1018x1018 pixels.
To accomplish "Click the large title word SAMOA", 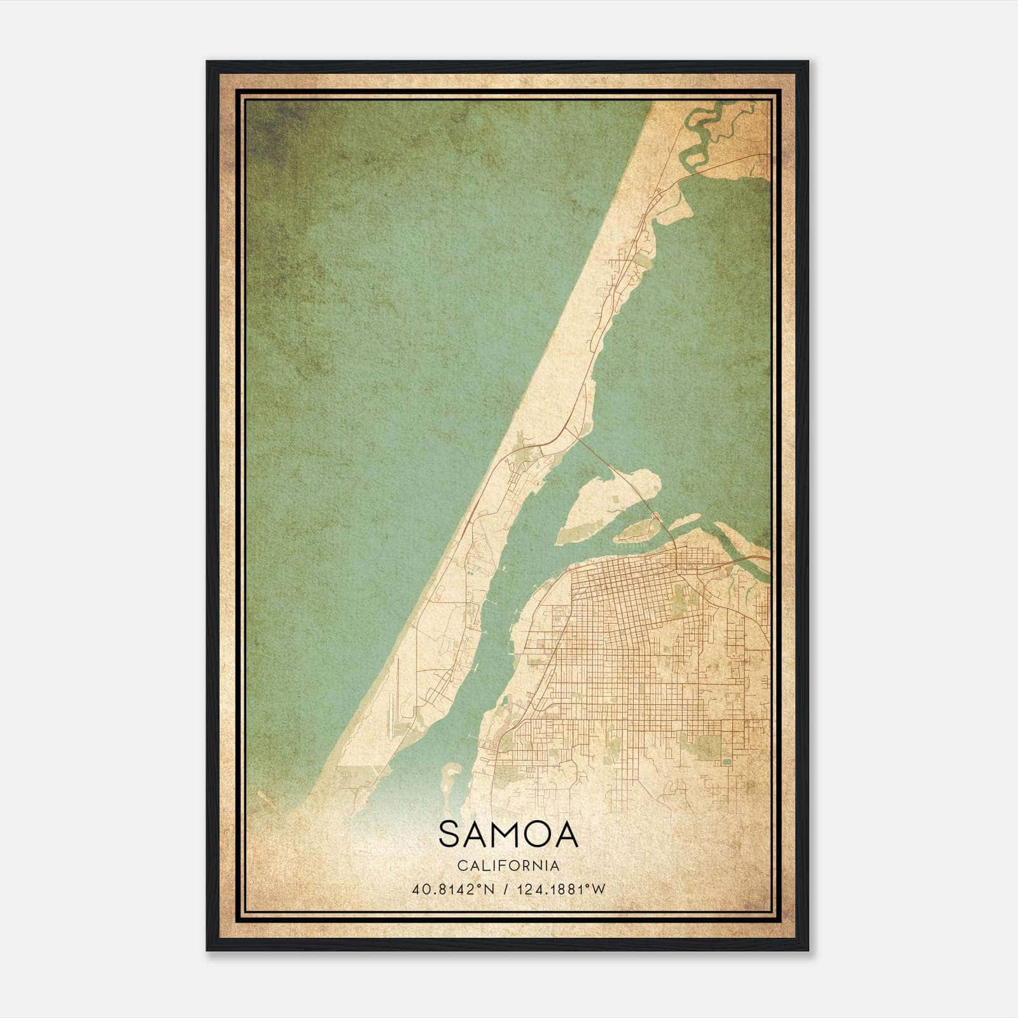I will [508, 834].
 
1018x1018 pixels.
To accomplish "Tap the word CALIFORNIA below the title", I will [508, 866].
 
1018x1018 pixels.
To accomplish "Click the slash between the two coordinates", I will [505, 889].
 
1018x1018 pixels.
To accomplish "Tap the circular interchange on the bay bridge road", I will [655, 515].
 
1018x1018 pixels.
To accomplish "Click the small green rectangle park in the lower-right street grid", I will [727, 760].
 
